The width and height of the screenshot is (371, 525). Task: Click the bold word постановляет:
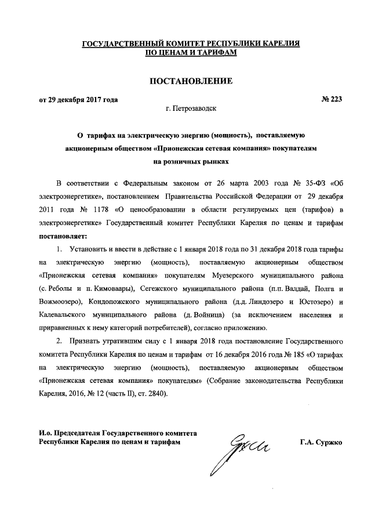point(62,236)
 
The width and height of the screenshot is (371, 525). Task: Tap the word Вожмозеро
point(60,302)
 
